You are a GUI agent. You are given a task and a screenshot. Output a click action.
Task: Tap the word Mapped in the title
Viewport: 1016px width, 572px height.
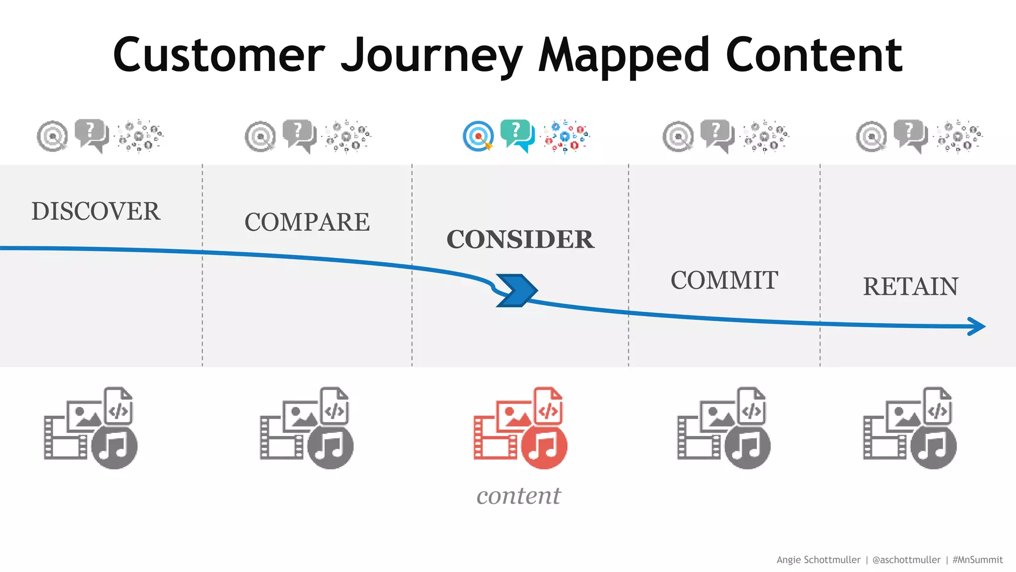click(624, 56)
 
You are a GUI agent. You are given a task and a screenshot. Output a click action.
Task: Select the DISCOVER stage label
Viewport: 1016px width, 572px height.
click(96, 212)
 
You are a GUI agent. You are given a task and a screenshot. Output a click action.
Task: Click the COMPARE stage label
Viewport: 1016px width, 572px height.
click(307, 222)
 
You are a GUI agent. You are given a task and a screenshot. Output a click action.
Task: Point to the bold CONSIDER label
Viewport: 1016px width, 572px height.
click(520, 239)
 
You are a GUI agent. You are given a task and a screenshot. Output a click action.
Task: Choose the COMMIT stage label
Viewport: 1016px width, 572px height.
click(724, 281)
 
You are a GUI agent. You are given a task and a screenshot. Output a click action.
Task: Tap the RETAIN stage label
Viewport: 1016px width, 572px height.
click(910, 286)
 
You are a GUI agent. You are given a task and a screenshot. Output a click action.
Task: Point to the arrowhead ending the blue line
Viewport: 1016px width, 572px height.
click(976, 326)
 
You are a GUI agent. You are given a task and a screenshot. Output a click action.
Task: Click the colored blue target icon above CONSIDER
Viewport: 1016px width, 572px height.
click(478, 136)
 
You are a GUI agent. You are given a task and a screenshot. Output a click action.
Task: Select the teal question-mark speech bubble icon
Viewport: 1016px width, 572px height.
click(517, 135)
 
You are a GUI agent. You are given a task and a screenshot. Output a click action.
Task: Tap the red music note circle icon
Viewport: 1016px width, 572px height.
click(544, 446)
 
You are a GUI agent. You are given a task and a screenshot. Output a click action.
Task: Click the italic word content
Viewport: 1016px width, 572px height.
click(518, 496)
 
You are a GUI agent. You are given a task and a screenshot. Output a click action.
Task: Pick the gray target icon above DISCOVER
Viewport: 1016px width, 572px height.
click(52, 136)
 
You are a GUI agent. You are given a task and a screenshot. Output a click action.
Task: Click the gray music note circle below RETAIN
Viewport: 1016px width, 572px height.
click(933, 446)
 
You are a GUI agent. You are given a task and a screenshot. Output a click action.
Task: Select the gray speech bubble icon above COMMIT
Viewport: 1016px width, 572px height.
click(717, 135)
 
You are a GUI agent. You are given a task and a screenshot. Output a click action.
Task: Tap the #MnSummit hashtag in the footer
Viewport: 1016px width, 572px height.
click(977, 560)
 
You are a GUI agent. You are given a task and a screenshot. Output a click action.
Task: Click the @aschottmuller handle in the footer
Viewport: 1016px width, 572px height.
click(906, 560)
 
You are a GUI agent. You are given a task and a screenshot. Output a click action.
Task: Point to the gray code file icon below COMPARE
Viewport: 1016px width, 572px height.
click(334, 406)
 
